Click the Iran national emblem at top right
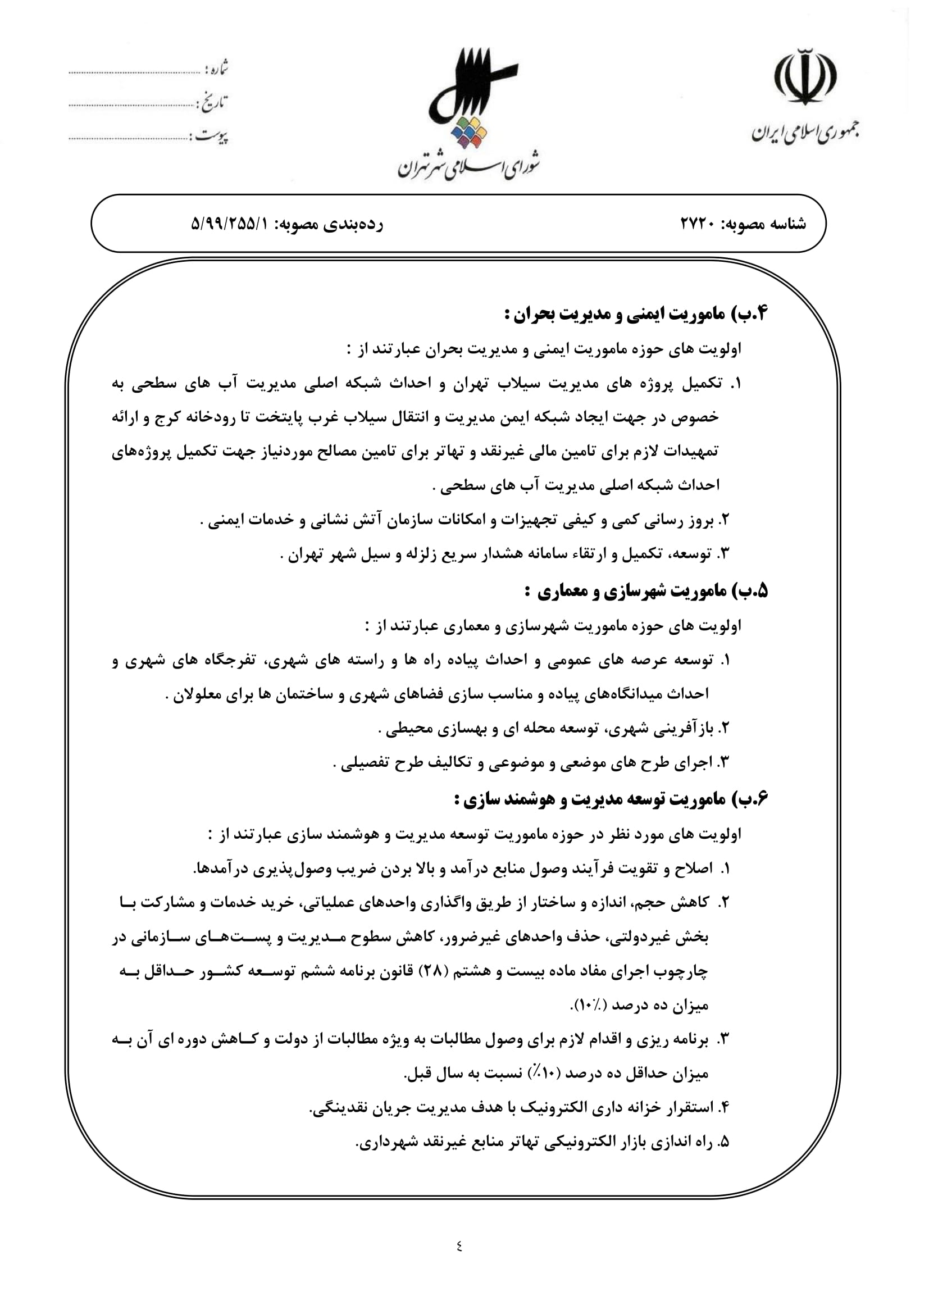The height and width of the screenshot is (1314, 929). tap(805, 78)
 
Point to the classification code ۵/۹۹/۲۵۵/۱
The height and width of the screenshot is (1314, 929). tap(229, 224)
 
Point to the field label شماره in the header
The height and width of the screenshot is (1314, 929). tap(218, 69)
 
